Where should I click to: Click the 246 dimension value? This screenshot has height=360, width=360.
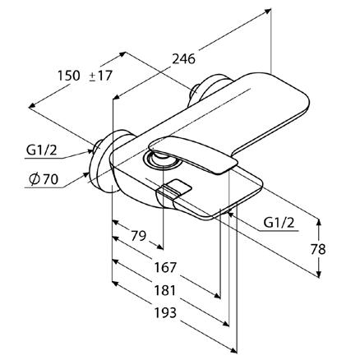[x=183, y=59]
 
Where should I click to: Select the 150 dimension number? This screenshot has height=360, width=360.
[x=69, y=76]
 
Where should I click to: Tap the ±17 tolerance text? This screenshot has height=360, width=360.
[x=101, y=76]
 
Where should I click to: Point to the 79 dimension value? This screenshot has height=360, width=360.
[x=139, y=236]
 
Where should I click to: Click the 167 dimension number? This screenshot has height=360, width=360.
[x=165, y=267]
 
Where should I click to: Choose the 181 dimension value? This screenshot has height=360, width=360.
[x=164, y=290]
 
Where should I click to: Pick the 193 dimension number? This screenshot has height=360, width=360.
[x=165, y=312]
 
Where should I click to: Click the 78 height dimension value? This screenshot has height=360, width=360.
[x=318, y=249]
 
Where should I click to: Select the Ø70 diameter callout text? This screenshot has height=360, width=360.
[x=44, y=179]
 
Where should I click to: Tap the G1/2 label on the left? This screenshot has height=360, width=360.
[x=42, y=150]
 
